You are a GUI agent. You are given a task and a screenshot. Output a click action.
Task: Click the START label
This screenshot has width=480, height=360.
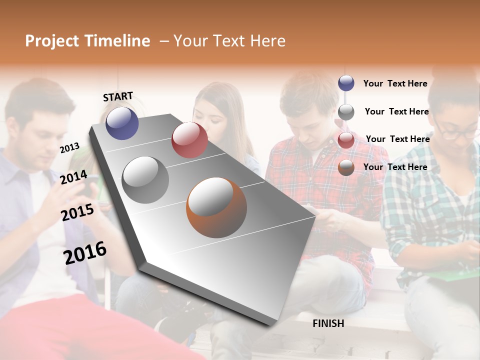(x=118, y=96)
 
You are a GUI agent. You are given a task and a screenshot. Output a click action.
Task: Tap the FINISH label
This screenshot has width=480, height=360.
(x=328, y=323)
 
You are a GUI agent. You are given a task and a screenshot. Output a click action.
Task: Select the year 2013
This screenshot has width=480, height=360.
(x=69, y=147)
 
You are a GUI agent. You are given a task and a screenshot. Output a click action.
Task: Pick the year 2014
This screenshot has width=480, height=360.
(x=73, y=177)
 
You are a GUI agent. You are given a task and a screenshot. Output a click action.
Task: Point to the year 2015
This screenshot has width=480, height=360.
(x=77, y=212)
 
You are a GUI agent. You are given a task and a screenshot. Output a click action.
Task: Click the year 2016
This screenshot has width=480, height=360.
(x=85, y=252)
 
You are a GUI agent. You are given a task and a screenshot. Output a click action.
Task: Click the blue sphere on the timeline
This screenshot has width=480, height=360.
(x=122, y=123)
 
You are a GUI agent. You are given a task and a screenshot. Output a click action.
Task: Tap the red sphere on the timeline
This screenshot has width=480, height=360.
(x=189, y=140)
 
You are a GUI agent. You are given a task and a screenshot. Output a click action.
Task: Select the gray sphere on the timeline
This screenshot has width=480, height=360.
(x=145, y=179)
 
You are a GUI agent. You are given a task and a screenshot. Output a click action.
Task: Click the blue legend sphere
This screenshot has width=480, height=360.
(x=346, y=83)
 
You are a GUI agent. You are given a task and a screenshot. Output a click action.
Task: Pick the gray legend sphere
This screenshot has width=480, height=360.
(x=346, y=112)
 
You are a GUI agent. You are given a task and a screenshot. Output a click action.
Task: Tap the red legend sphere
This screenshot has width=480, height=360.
(x=346, y=140)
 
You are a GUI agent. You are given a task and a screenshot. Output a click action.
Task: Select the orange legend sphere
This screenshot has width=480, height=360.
(x=346, y=167)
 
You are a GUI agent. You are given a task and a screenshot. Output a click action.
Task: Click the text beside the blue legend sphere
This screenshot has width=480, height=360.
(x=395, y=83)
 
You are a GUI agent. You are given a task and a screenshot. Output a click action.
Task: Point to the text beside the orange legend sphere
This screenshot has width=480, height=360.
(x=395, y=167)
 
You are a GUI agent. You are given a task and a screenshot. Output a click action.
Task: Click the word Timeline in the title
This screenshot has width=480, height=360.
(x=117, y=41)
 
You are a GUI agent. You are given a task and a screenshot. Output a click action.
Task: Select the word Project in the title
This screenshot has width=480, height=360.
(x=52, y=41)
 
